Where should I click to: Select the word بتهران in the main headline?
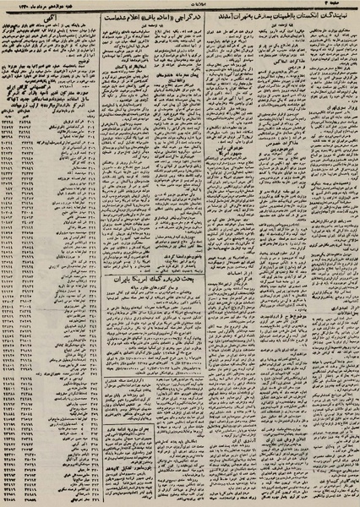click(223, 18)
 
